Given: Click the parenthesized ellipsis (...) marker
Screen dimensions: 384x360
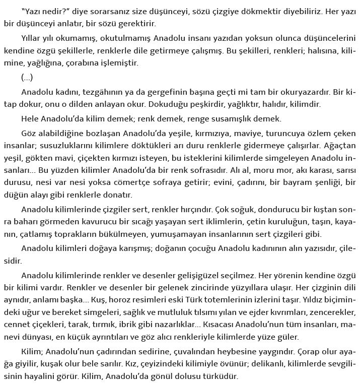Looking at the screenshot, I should (x=28, y=78).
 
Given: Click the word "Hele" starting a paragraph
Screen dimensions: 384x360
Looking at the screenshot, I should (x=30, y=119).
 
